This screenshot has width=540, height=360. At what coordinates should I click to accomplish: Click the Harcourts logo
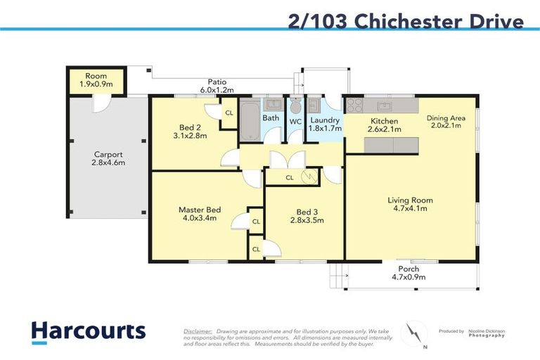[x=88, y=331]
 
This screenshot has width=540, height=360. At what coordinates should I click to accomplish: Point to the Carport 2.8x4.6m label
[x=108, y=158]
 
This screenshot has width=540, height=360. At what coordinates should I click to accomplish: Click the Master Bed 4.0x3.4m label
[x=199, y=214]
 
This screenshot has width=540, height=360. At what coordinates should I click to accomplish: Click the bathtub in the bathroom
[x=249, y=121]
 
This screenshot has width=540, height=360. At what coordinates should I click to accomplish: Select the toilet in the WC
[x=296, y=106]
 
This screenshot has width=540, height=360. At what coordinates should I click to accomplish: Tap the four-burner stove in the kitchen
[x=354, y=106]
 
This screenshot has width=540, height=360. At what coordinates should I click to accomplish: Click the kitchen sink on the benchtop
[x=384, y=106]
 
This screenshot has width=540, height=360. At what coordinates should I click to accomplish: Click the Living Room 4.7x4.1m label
[x=410, y=205]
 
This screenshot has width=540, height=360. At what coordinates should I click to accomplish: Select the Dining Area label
[x=445, y=122]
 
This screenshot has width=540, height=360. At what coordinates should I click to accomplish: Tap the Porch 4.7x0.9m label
[x=409, y=273]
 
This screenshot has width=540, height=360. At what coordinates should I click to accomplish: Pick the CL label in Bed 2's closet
[x=229, y=112]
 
